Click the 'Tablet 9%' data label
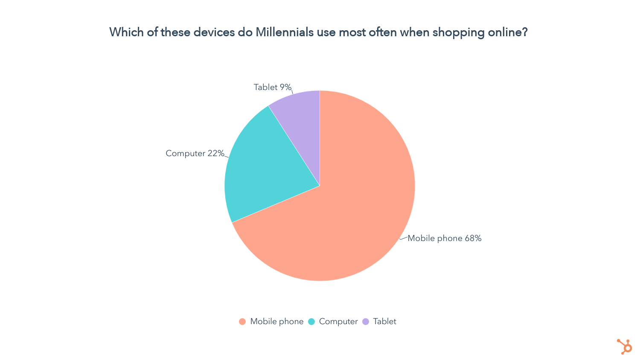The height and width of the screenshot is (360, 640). coord(273,87)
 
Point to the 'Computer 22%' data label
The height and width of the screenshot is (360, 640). coord(195,154)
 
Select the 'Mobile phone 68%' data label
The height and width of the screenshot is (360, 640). coord(445,238)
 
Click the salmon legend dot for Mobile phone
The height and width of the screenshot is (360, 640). coord(242,322)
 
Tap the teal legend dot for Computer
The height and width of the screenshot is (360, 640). coord(311,322)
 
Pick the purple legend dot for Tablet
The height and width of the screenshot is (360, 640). coord(366,322)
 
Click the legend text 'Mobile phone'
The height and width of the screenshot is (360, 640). coord(276,322)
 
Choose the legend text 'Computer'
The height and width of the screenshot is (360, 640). coord(338,322)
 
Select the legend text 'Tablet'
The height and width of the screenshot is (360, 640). coord(384,322)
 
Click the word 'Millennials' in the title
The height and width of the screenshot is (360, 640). coord(285,32)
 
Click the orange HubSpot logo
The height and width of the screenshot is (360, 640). coord(625,346)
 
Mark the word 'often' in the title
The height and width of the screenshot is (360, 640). coord(384,32)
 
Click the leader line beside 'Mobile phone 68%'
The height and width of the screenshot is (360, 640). coord(403,238)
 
